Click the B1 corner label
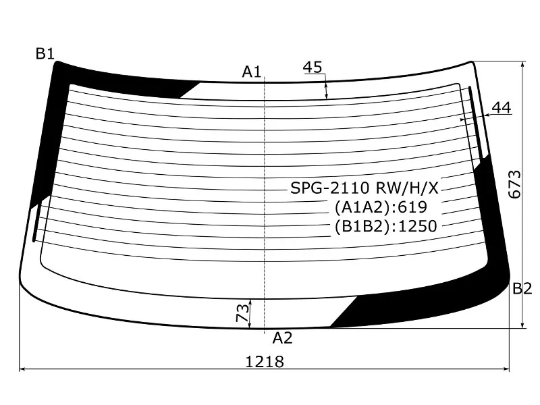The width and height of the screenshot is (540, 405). coord(45,54)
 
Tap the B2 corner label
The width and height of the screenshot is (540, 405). coord(522,289)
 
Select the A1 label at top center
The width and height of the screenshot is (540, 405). coord(252,72)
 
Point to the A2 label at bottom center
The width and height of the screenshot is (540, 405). coord(282,338)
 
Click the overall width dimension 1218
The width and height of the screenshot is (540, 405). coord(265,362)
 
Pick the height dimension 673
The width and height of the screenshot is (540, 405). coord(515,184)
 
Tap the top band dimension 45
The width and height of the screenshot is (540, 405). coord(313,67)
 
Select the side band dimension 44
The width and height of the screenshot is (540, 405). coord(502,108)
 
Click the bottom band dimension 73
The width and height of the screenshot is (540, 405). coord(242,313)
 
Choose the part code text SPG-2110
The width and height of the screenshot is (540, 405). coord(330,188)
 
